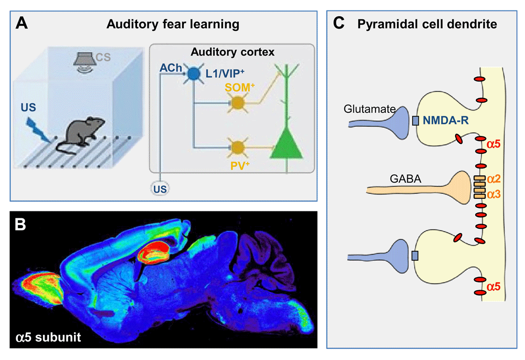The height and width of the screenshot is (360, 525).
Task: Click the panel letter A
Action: click(x=22, y=23)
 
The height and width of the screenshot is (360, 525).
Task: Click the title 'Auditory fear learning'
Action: click(x=173, y=24)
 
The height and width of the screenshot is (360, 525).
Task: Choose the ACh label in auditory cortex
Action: click(x=171, y=67)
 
